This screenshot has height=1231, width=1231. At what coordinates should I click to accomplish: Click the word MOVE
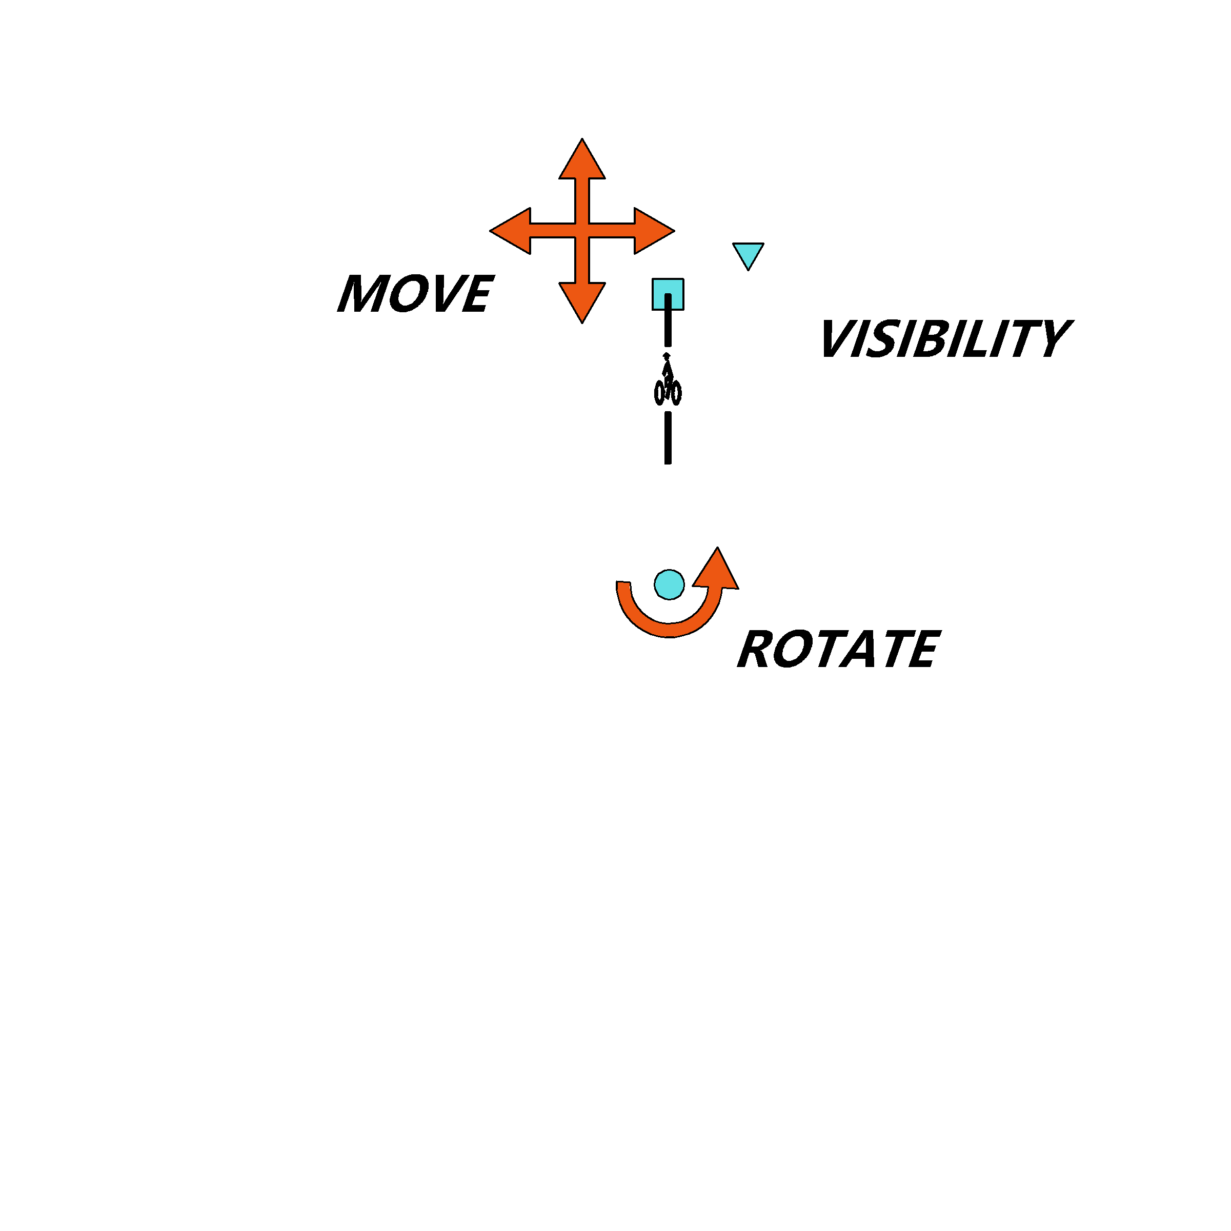(x=415, y=293)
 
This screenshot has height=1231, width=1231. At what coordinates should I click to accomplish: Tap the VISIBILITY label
(x=945, y=338)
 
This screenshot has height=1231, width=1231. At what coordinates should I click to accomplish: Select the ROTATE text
(x=838, y=649)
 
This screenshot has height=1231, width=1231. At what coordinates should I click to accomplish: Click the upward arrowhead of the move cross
(x=582, y=161)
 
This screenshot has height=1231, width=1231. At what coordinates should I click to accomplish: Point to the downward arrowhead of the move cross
(x=582, y=301)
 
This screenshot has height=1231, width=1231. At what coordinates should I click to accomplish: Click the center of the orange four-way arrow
(x=582, y=231)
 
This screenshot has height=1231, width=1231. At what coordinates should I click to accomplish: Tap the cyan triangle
(x=748, y=253)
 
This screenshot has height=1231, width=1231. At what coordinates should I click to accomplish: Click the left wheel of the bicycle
(x=659, y=393)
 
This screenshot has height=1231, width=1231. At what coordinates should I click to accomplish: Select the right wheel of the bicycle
(x=676, y=393)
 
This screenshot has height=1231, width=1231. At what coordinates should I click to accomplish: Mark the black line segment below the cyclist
(x=668, y=438)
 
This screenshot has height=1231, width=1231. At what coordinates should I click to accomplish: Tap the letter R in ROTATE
(x=754, y=649)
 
